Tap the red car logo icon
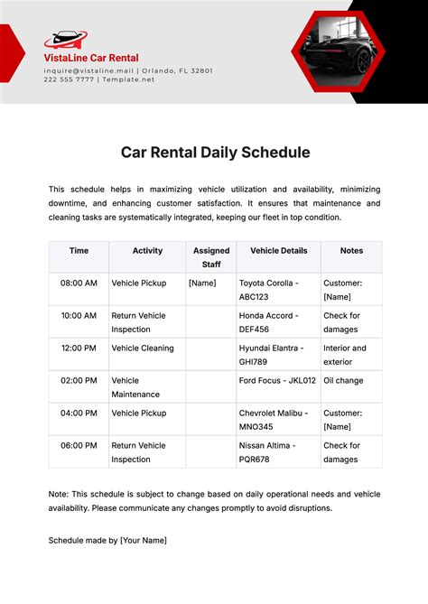coord(65,39)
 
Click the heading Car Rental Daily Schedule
coord(215,153)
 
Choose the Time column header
coord(79,250)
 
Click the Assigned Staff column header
coord(211,257)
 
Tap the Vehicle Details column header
coord(278,250)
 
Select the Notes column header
coord(351,250)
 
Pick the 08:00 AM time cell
coord(79,283)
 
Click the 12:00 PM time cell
coord(79,348)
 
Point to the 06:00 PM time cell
coord(79,445)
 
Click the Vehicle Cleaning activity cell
coord(143,348)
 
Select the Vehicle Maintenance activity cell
coord(136,386)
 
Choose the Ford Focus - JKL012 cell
coord(278,380)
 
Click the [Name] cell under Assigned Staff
coord(202,283)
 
